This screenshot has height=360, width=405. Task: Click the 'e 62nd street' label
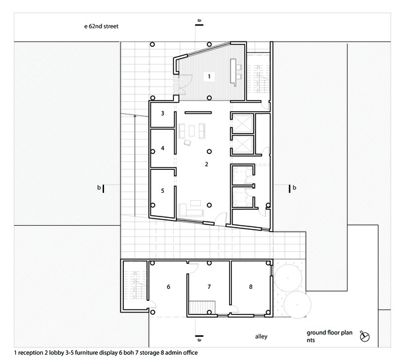coord(101,26)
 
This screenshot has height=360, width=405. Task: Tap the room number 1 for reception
coord(209,76)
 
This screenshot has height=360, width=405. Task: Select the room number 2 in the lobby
coord(206,164)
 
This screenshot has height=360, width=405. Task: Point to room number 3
coord(163,113)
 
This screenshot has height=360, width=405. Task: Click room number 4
coord(163,148)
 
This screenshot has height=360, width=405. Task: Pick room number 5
coord(163,190)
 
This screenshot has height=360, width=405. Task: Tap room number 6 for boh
coord(169,286)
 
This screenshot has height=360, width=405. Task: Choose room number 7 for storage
coord(209,286)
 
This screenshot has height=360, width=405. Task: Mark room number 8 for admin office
coord(250,286)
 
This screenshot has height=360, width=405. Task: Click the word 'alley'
coord(261,336)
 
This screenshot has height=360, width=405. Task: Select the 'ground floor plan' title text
coord(329,332)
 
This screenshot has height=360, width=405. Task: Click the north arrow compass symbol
coord(365,336)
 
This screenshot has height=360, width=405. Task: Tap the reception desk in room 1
coord(233,72)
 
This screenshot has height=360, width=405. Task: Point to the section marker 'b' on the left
coord(100,188)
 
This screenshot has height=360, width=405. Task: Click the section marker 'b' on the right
coord(292,188)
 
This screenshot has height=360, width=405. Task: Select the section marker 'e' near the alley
coord(199,338)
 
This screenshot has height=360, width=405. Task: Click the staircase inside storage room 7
coord(202,307)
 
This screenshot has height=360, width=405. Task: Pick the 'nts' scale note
coord(311,340)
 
